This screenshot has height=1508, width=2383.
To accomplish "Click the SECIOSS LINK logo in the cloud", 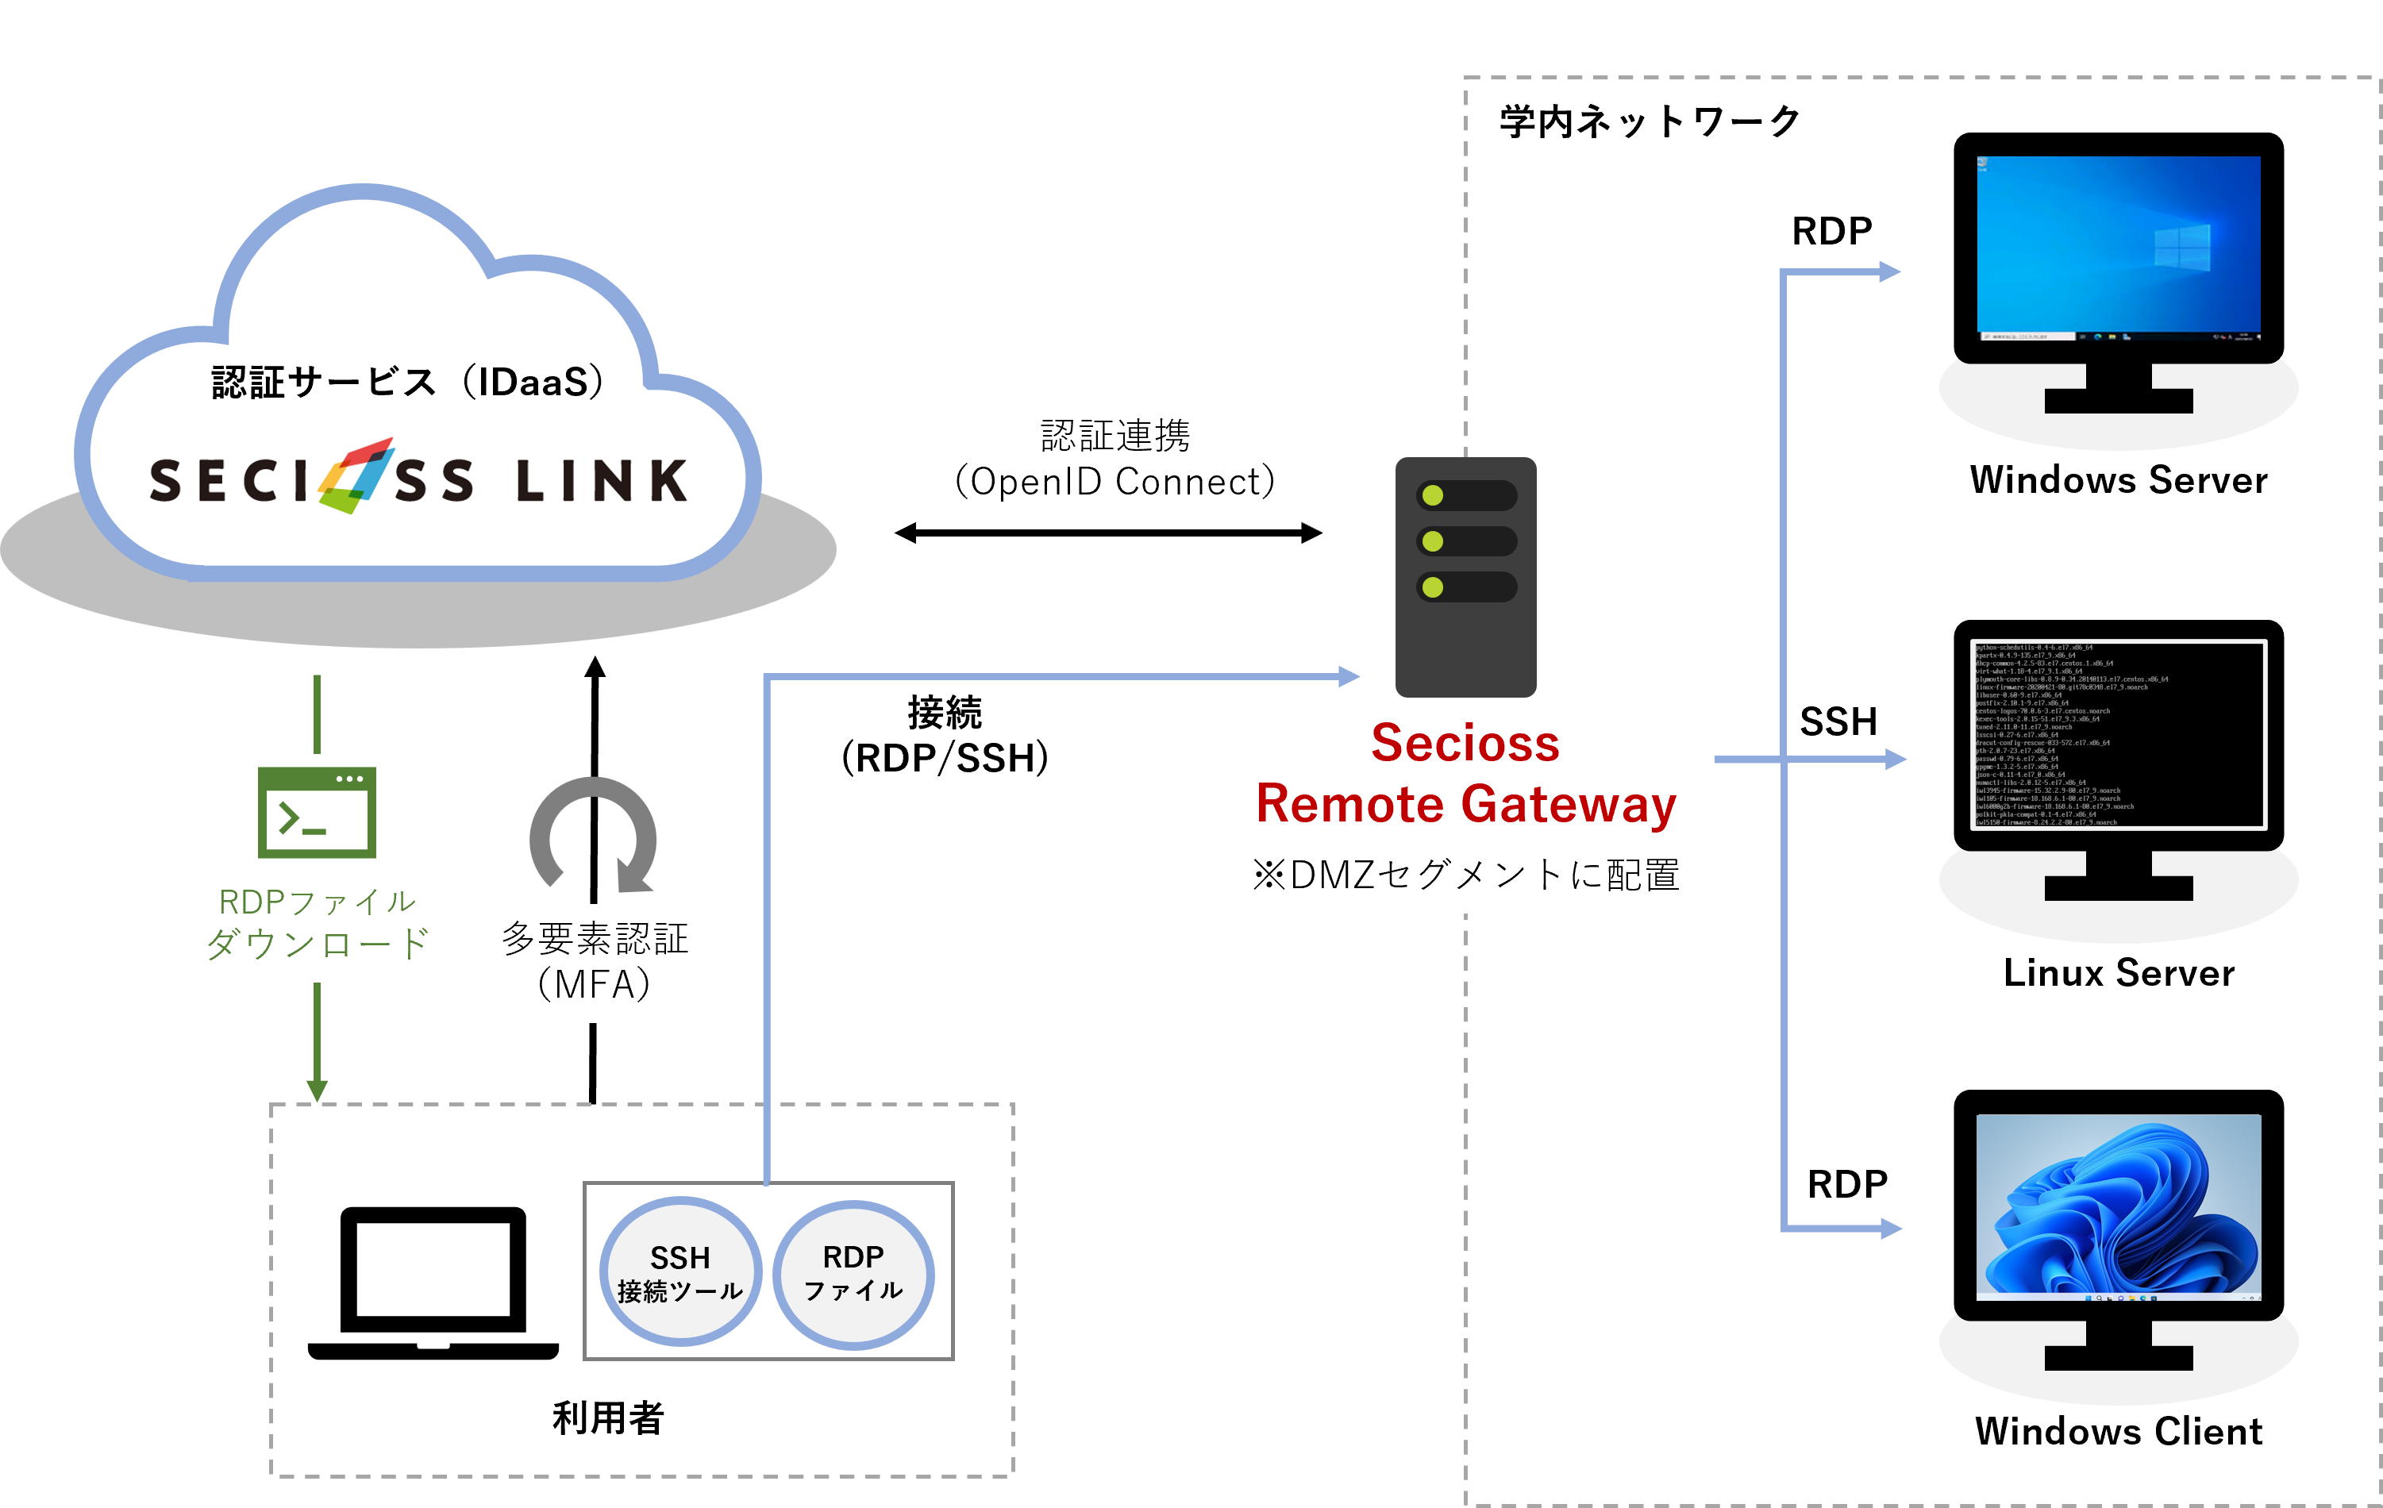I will click(418, 480).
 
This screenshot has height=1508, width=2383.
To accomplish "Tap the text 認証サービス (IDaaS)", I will click(408, 382).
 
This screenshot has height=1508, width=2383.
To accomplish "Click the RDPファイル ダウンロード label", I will click(317, 923).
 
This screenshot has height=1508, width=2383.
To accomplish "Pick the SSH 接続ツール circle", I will click(679, 1271).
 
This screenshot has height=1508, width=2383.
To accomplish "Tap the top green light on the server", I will click(1433, 494).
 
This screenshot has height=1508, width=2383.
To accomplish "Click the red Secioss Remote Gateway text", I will click(1465, 773).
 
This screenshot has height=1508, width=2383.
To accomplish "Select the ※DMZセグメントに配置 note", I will click(1465, 875).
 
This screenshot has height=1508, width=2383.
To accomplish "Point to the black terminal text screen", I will click(2118, 734).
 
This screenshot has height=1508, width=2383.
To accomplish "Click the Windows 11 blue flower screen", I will click(2118, 1207).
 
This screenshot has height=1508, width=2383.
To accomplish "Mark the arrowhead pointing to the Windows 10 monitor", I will click(1889, 271).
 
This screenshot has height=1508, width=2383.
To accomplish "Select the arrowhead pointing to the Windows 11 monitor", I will click(1890, 1228).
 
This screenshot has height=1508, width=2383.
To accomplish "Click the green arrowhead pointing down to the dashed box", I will click(317, 1090).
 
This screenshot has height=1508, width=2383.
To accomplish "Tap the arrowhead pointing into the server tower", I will click(1349, 677).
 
